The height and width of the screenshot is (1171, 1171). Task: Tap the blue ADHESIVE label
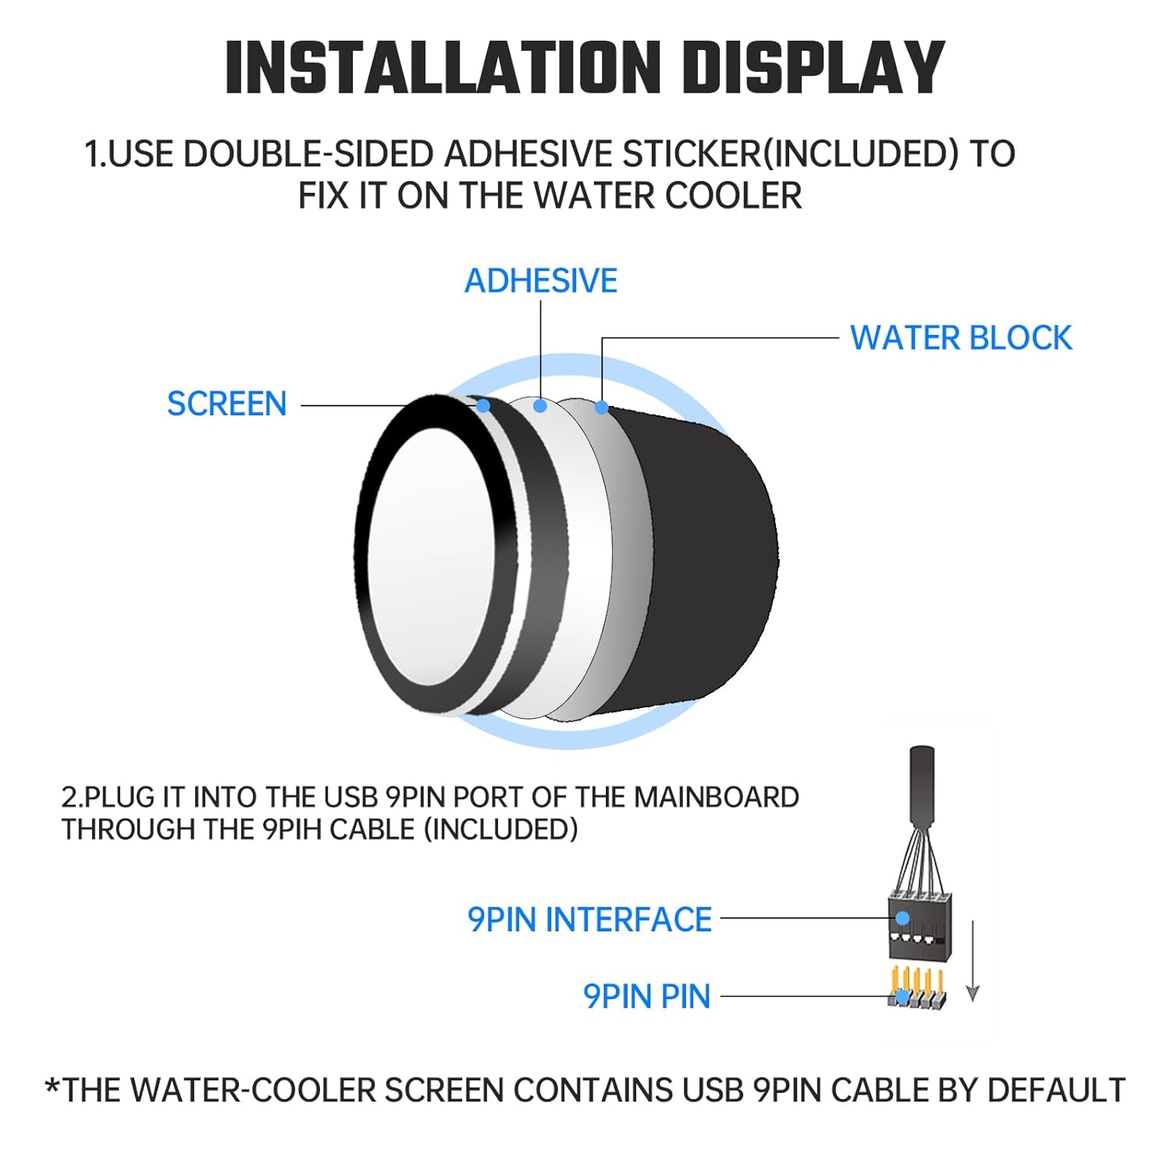coord(541,280)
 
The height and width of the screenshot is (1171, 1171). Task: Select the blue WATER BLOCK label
coord(961,338)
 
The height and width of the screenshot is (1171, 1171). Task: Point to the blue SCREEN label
coord(227,404)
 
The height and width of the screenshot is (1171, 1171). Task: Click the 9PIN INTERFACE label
coord(589,920)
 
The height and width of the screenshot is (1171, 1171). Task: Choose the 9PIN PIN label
coord(647,996)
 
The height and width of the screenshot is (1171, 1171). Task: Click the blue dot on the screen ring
coord(483,406)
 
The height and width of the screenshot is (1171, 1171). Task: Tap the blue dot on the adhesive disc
coord(540,406)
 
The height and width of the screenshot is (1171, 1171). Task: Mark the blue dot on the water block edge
coord(601,407)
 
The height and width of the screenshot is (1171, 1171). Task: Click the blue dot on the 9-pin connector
coord(902,918)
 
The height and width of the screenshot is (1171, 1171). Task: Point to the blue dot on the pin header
coord(903,996)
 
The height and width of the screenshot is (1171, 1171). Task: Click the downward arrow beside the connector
coord(972,960)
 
